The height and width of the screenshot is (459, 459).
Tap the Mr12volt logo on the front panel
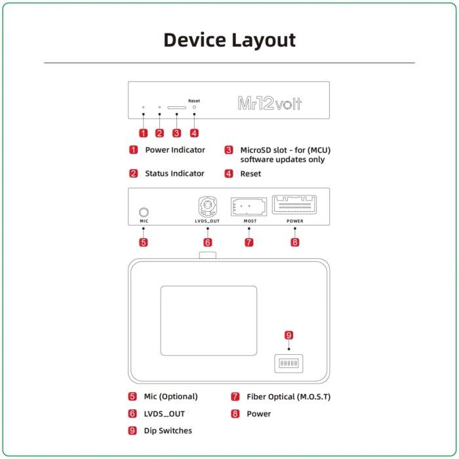[x=269, y=104]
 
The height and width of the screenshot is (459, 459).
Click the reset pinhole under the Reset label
[x=194, y=107]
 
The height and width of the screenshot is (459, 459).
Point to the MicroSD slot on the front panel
[x=176, y=107]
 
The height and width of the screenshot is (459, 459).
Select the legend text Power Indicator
[x=175, y=150]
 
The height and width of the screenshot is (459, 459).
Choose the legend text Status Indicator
[x=174, y=174]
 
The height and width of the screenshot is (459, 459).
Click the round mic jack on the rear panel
[x=144, y=212]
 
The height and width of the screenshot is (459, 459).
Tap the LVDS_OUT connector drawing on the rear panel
[x=207, y=208]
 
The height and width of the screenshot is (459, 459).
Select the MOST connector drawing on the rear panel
[x=249, y=207]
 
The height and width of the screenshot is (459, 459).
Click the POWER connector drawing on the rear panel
[x=295, y=205]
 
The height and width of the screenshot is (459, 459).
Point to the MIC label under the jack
[x=144, y=222]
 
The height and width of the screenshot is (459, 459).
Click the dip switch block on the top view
[x=289, y=363]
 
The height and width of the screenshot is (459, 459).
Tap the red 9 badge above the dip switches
[x=289, y=336]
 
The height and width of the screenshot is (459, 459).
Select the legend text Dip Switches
[x=168, y=431]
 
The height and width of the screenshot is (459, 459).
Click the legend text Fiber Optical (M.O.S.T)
[x=289, y=397]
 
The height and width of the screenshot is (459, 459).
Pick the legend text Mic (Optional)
[x=170, y=397]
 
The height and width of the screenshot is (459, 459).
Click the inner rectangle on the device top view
[x=209, y=321]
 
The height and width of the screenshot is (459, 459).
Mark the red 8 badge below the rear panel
[x=295, y=243]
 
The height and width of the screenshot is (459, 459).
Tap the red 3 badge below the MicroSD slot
[x=176, y=133]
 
